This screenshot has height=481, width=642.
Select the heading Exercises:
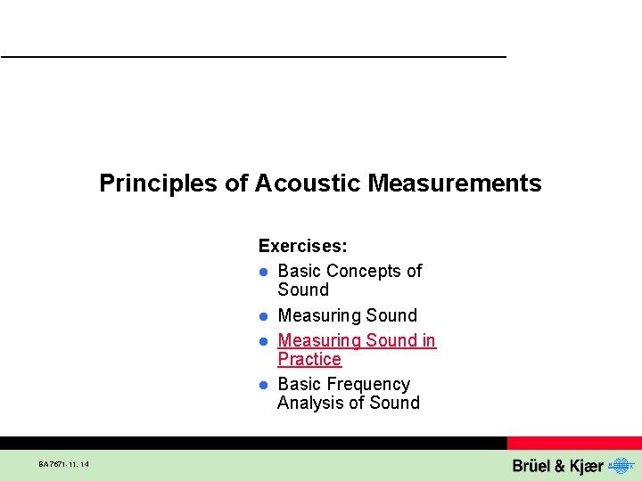point(302,245)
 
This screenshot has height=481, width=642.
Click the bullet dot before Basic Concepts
point(264,272)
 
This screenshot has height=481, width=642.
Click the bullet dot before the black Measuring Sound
point(264,316)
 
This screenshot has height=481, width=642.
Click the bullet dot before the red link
point(264,341)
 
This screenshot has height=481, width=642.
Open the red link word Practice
point(309,359)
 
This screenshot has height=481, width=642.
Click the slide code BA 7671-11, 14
point(64,464)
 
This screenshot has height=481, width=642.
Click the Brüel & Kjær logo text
point(557,466)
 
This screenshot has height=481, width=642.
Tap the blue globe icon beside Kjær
point(618,466)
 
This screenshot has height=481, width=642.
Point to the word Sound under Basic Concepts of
point(303,289)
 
